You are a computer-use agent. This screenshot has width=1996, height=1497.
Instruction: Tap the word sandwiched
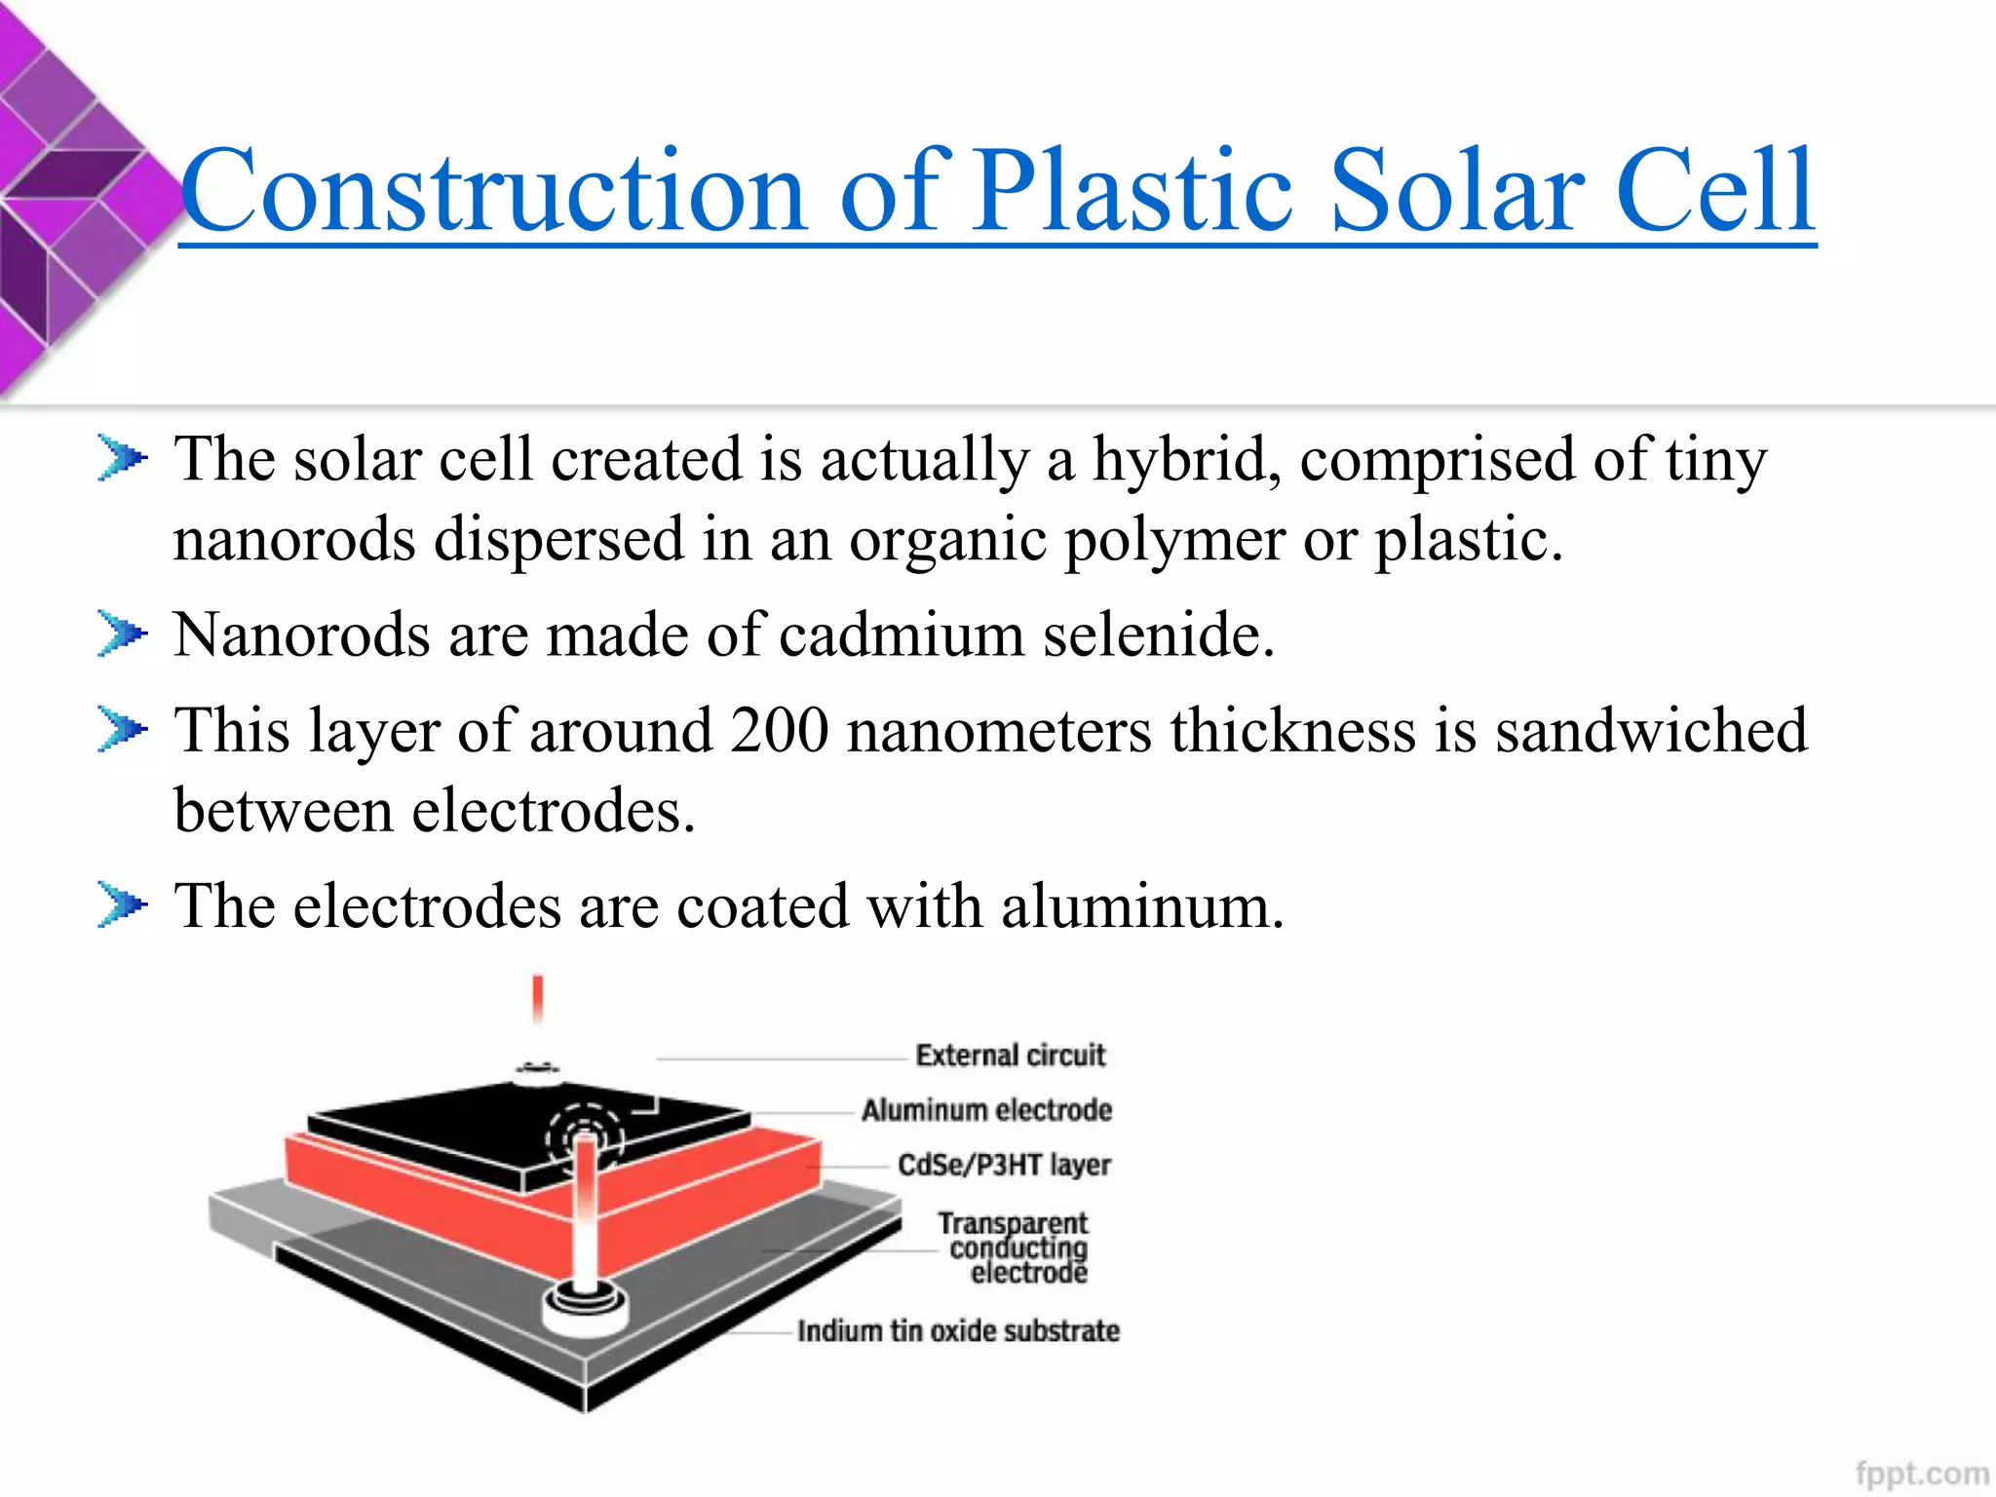point(1651,730)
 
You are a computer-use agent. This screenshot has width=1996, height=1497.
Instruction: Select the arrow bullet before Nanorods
point(122,634)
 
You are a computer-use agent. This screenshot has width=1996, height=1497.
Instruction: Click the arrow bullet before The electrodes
point(122,905)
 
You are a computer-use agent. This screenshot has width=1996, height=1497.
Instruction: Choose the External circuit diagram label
point(1011,1056)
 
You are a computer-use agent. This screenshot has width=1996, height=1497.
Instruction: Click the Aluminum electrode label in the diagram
point(986,1110)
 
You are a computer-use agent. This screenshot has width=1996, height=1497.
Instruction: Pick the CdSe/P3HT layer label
point(1004,1165)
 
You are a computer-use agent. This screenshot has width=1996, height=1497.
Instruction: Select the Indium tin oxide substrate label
point(958,1331)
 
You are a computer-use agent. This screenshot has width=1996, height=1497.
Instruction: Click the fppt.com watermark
point(1921,1472)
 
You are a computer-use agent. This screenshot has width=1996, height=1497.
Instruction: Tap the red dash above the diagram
point(537,998)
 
